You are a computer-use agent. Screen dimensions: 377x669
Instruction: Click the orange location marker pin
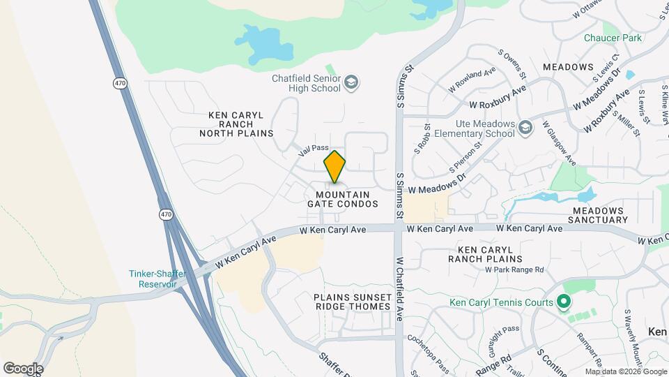[334, 167]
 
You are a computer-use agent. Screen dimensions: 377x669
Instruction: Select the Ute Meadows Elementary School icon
[526, 126]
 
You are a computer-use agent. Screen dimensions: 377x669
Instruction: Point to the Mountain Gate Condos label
[343, 199]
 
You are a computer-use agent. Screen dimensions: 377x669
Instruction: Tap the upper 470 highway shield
[119, 83]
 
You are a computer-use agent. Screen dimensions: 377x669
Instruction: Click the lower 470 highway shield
[166, 214]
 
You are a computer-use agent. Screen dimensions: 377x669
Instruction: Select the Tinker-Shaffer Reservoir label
[157, 279]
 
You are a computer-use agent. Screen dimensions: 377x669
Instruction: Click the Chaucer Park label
[613, 38]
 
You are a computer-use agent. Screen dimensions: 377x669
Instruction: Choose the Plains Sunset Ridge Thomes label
[352, 302]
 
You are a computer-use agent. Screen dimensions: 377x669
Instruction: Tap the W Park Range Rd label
[514, 269]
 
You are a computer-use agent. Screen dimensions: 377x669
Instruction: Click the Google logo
[23, 368]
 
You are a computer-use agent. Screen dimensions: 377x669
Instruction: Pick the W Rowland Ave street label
[472, 80]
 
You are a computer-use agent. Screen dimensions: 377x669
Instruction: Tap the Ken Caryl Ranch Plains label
[495, 254]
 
